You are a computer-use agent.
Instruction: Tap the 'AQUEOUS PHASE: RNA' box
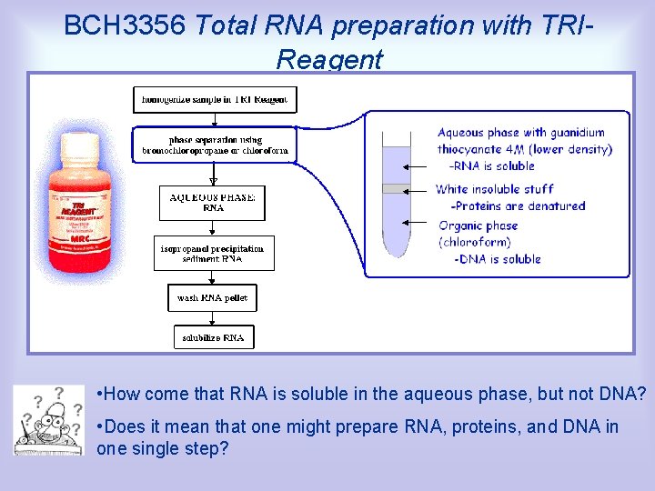213,202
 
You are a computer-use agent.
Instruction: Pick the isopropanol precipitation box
213,253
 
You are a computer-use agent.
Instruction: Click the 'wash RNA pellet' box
212,298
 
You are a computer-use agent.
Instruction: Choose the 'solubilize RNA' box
213,337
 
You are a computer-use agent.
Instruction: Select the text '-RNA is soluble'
492,166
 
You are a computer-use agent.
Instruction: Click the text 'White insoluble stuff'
494,189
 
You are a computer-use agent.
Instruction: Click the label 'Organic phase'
478,225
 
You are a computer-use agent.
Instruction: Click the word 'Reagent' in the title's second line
329,60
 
